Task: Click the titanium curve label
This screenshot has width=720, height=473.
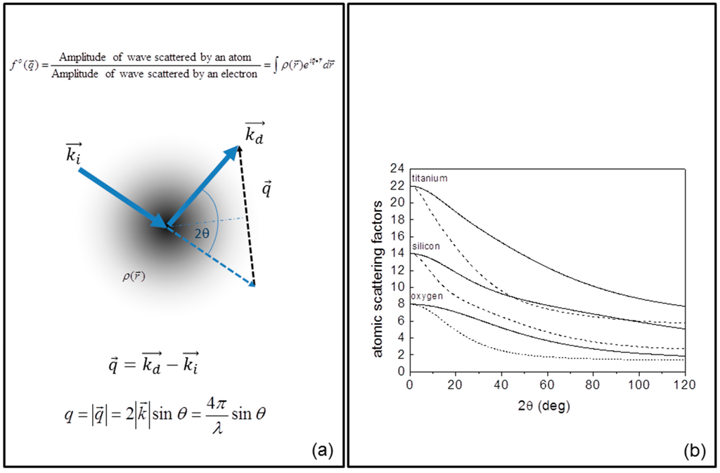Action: [429, 179]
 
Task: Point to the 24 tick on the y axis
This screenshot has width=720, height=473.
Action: [398, 169]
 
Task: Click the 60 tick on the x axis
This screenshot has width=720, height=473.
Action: [546, 385]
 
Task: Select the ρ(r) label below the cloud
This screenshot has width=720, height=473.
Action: [134, 276]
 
